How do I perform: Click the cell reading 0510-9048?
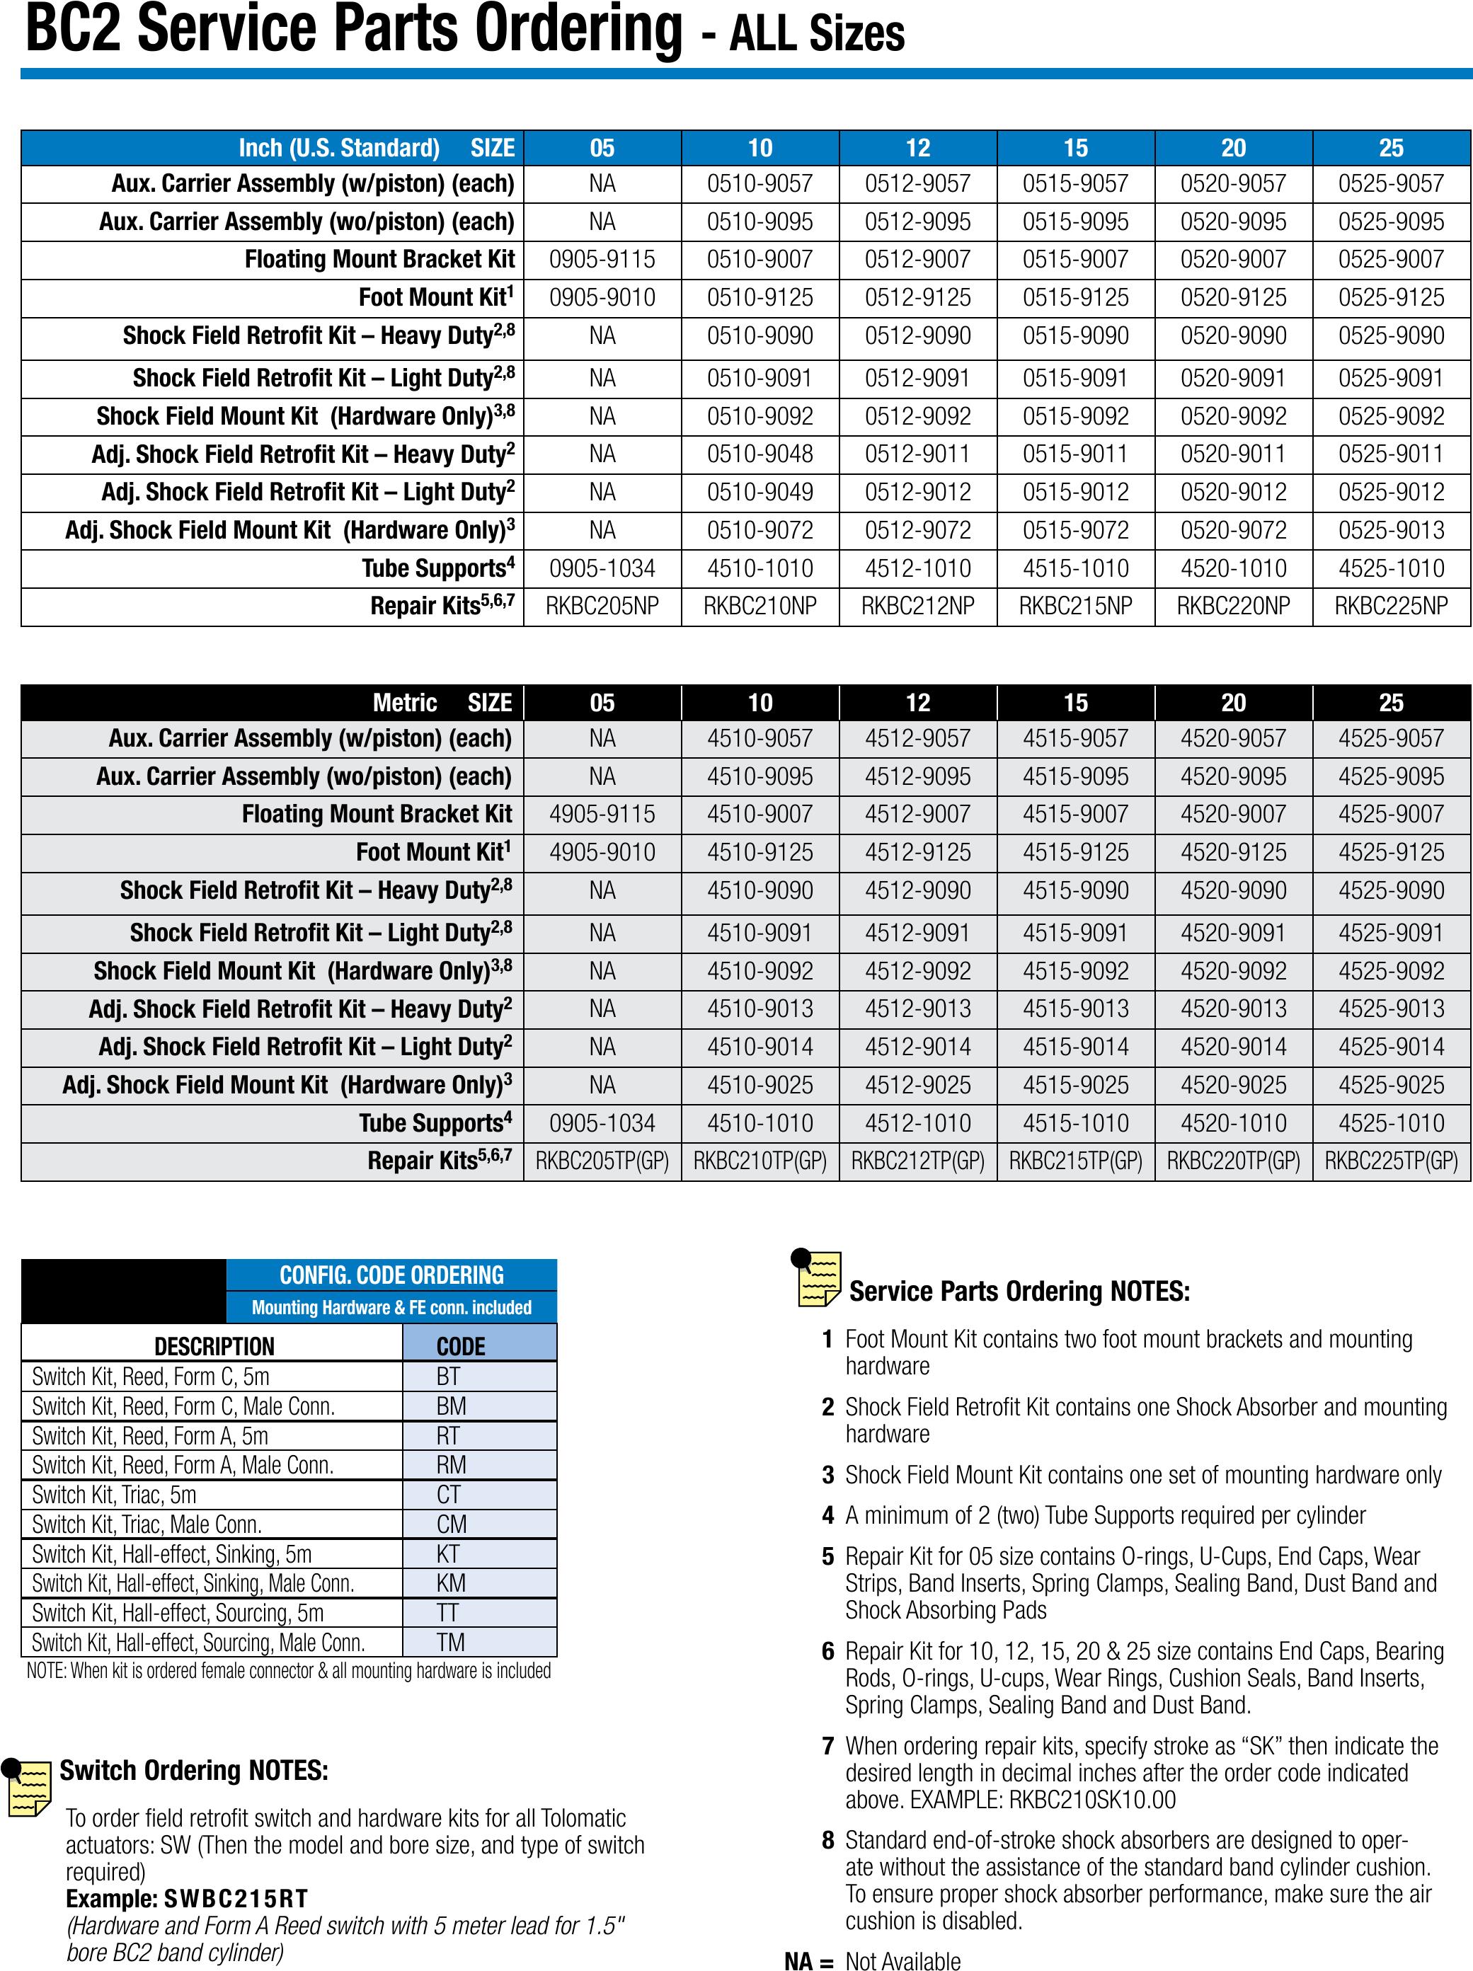pyautogui.click(x=760, y=454)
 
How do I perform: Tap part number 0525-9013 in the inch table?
pyautogui.click(x=1390, y=530)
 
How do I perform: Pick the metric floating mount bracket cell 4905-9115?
pyautogui.click(x=602, y=815)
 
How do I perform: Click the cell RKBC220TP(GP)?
pyautogui.click(x=1232, y=1161)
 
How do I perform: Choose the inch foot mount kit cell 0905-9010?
pyautogui.click(x=602, y=298)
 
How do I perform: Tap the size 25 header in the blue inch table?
pyautogui.click(x=1390, y=148)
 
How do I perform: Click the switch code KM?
pyautogui.click(x=451, y=1583)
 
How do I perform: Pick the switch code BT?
pyautogui.click(x=448, y=1377)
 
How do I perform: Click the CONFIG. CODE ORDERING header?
pyautogui.click(x=391, y=1275)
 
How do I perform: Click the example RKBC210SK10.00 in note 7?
pyautogui.click(x=1091, y=1800)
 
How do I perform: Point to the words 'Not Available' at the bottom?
pyautogui.click(x=902, y=1960)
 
